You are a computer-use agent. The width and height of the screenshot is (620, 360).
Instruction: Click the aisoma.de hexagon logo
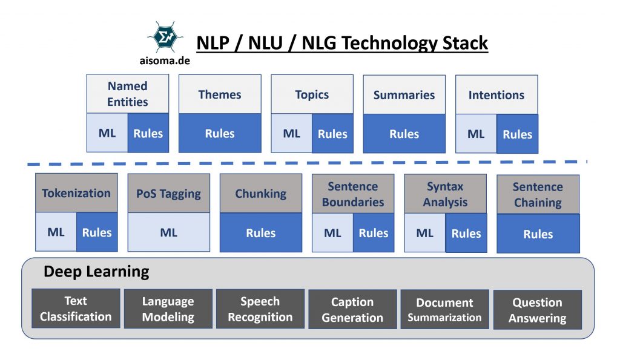(x=164, y=38)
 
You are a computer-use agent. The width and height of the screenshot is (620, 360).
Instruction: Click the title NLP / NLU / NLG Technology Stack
(x=342, y=44)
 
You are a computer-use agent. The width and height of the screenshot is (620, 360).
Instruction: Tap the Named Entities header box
(x=128, y=94)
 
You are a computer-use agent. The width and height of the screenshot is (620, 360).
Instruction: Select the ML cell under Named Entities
(x=107, y=133)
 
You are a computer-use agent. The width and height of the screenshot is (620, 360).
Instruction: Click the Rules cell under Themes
(x=220, y=133)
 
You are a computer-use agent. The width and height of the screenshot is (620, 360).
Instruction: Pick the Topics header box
(x=312, y=94)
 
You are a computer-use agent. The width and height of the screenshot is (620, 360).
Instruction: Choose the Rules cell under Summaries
(x=404, y=134)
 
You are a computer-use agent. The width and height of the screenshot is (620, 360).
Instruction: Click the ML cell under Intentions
(x=476, y=134)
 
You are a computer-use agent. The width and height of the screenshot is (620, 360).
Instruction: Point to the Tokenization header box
(x=76, y=193)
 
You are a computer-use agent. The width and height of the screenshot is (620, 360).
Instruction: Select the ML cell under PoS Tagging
(x=169, y=232)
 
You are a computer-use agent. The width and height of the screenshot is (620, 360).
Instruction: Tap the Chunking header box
(x=261, y=194)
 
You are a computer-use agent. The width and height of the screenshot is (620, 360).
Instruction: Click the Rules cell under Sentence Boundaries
(x=374, y=233)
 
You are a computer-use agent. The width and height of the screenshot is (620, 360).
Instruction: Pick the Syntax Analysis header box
(x=445, y=194)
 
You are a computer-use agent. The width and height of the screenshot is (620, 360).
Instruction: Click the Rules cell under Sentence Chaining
(x=538, y=234)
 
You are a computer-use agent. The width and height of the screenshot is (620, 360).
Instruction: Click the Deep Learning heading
(x=96, y=272)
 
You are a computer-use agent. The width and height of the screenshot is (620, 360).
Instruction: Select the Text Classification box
(x=76, y=309)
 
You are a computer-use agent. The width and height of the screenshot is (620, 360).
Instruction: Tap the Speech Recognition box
(x=260, y=309)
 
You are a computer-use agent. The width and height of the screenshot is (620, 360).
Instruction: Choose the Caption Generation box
(x=352, y=310)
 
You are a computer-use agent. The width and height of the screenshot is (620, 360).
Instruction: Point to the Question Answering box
(x=538, y=310)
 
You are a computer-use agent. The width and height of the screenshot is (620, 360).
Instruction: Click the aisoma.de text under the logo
(x=164, y=61)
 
